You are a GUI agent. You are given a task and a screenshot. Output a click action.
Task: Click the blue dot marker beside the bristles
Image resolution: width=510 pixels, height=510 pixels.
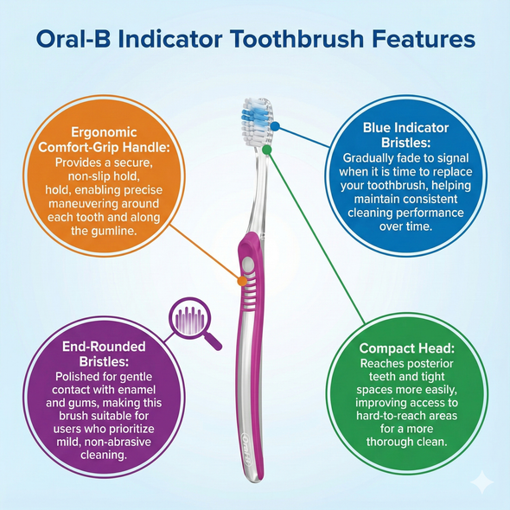click(275, 125)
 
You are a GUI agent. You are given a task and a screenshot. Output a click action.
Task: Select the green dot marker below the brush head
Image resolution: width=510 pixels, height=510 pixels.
click(267, 149)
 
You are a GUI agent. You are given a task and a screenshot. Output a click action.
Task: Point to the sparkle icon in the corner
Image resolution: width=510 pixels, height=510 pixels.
click(481, 481)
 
